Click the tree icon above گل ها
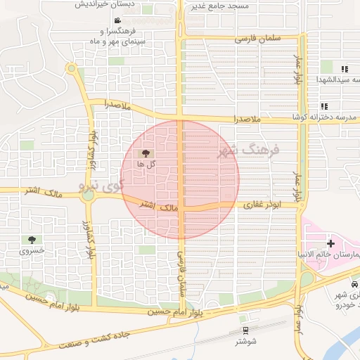(x=146, y=153)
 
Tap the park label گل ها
(x=146, y=164)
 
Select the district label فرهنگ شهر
(x=257, y=150)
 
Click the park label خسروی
(x=32, y=250)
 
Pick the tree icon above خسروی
(x=32, y=239)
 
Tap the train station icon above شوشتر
(x=245, y=330)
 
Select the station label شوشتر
(x=245, y=341)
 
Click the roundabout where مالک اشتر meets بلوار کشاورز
(x=89, y=195)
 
